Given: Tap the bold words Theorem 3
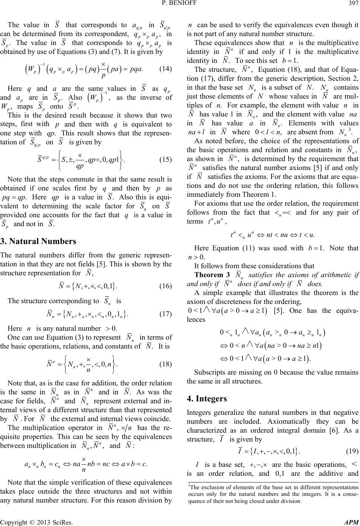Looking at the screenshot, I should [211, 275].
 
